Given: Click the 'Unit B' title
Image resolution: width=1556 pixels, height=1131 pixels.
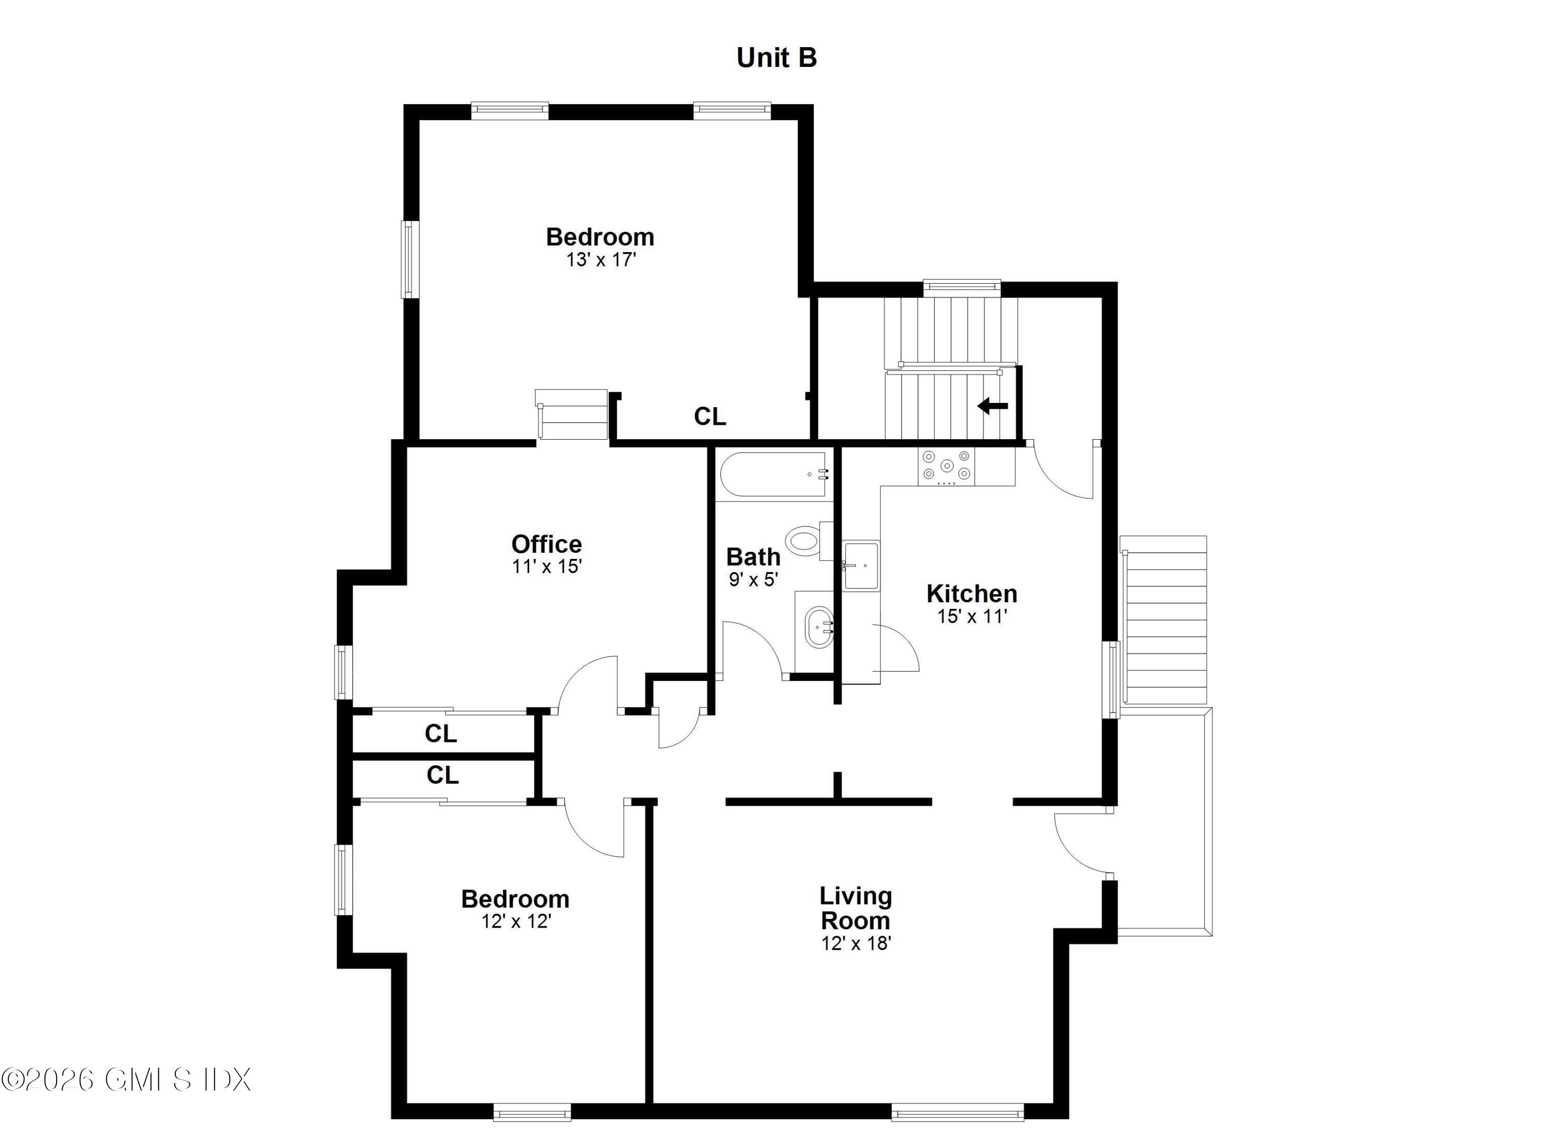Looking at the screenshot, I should coord(776,58).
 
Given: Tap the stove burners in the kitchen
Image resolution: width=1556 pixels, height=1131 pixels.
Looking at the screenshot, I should coord(947,466).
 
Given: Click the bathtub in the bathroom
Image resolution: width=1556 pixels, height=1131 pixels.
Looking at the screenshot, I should coord(773,474).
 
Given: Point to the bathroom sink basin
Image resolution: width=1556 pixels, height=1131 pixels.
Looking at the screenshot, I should coord(819,627).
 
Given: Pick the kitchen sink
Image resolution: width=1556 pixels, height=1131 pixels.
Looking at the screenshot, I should coord(861,565).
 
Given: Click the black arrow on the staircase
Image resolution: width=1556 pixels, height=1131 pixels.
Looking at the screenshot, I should coord(993,406).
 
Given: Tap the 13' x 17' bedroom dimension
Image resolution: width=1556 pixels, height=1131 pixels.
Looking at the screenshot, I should coord(601,260).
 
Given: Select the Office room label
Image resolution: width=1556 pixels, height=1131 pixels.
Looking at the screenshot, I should coord(546,544).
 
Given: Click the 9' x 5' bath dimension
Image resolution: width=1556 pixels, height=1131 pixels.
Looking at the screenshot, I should coord(753,580).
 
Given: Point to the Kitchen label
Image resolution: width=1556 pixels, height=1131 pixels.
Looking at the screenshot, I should coord(971,593).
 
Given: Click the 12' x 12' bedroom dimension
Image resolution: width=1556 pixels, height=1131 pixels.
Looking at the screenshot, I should coord(516,921).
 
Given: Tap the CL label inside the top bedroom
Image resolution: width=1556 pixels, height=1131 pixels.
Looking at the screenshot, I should coord(710,416).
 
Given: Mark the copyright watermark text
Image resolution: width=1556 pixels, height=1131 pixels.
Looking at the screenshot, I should coord(126,1080).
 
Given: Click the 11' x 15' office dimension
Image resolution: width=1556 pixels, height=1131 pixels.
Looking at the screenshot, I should coord(546,566).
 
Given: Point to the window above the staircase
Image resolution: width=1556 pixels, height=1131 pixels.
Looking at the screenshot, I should coord(962,288).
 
